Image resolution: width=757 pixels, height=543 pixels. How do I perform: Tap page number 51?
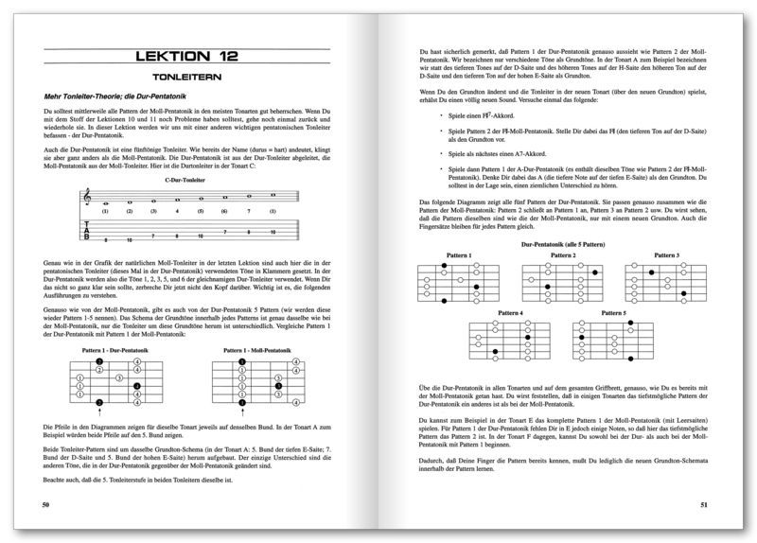point(703,506)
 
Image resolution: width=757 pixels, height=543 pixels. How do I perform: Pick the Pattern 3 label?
point(666,255)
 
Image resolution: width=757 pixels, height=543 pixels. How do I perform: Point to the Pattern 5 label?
point(613,313)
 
